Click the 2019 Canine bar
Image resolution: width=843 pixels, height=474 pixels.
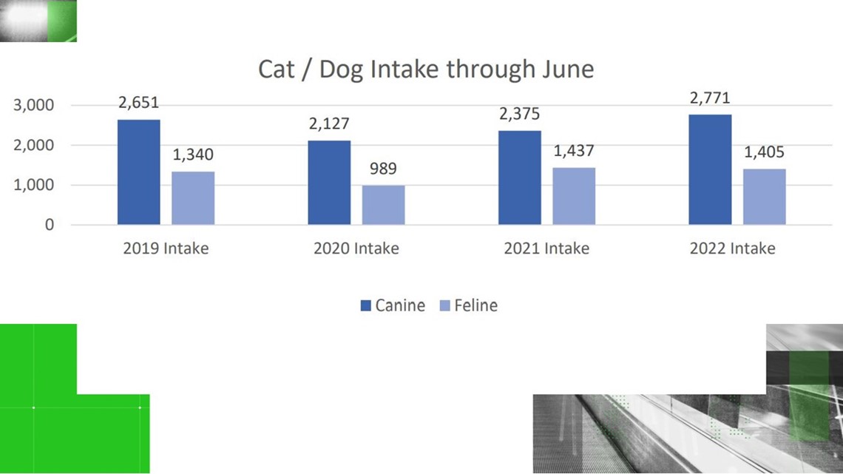[139, 172]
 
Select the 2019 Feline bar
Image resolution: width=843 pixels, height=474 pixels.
[193, 198]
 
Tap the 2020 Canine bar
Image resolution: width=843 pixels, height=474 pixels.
[329, 183]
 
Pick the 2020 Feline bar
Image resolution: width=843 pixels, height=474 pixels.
[383, 206]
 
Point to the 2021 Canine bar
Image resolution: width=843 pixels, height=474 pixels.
[519, 178]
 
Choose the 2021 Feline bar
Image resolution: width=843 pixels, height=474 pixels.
[574, 196]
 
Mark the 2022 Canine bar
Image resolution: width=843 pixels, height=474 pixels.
[710, 170]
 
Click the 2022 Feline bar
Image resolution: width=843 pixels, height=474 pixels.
[764, 197]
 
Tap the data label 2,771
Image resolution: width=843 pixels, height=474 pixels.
[710, 98]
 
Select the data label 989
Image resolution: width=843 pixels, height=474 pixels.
[383, 169]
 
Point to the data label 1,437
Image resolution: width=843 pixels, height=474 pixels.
[574, 151]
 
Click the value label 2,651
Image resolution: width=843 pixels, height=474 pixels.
[139, 103]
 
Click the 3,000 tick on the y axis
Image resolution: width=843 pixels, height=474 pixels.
[34, 105]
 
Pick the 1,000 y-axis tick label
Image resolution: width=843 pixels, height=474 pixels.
[34, 185]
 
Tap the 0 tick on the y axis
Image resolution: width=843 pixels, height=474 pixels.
[50, 225]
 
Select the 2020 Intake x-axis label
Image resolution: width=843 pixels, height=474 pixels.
[356, 248]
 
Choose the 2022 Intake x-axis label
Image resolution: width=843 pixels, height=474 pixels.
[732, 248]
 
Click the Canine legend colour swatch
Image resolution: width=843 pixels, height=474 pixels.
[365, 306]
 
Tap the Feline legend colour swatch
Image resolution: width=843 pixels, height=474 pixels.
[444, 306]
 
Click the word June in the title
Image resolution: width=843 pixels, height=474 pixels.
[568, 70]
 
